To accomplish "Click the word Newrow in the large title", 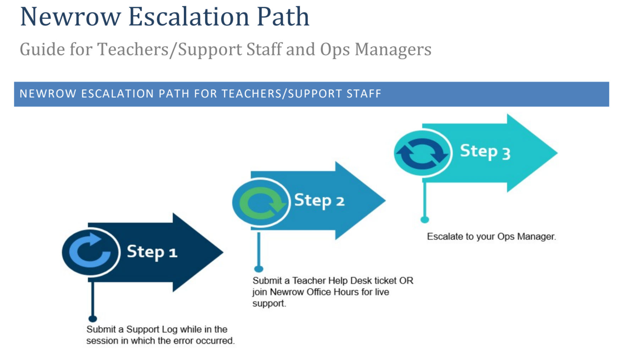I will pos(71,17).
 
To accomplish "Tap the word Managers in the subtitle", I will pos(393,49).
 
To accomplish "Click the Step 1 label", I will pos(152,252).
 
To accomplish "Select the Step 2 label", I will pos(319,201).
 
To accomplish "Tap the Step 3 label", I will pos(485,152).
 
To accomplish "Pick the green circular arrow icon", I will pos(261,202).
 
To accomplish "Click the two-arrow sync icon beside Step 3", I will pos(422,153).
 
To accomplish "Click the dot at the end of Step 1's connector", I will pos(93,318).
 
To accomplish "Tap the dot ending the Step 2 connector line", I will pos(259,269).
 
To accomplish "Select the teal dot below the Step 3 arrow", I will pos(425,220).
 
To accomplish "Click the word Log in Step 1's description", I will pos(169,329).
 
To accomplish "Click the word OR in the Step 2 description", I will pos(406,281).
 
